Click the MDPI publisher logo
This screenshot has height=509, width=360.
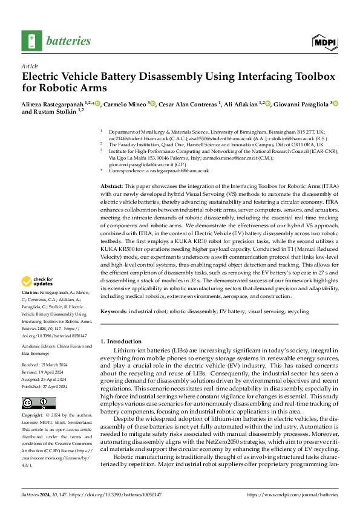[324, 41]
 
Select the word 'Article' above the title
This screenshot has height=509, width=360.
[30, 65]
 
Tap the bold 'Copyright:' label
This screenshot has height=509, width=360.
[33, 417]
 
